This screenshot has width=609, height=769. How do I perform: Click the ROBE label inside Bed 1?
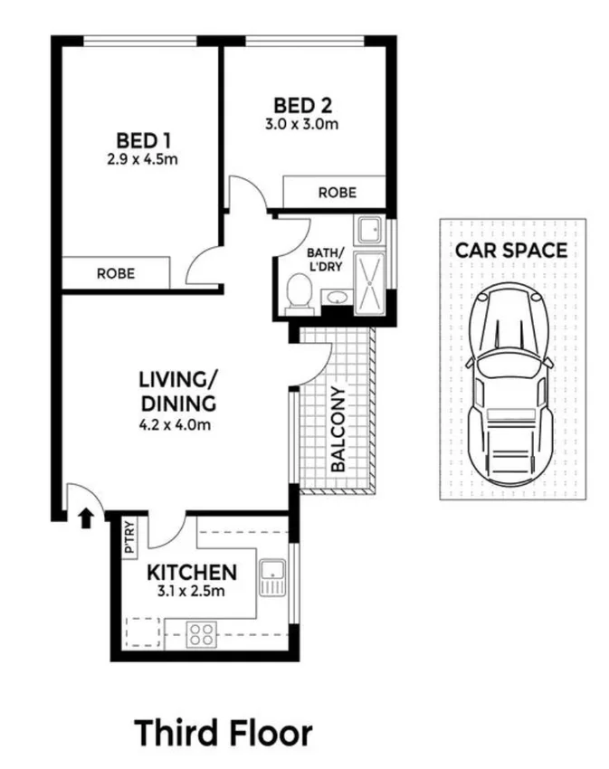(x=115, y=272)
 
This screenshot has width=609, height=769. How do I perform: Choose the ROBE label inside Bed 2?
(x=337, y=193)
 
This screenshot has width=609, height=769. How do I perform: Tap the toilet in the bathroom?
(x=299, y=292)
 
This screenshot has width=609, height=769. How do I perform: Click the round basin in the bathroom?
(x=335, y=298)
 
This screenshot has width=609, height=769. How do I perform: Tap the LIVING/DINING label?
(x=177, y=390)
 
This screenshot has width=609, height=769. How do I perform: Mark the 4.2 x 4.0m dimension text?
(x=177, y=423)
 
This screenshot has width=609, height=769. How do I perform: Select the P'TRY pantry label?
(x=129, y=536)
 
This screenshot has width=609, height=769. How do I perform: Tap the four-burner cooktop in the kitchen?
(x=202, y=634)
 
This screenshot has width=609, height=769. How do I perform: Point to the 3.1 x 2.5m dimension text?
(x=193, y=593)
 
